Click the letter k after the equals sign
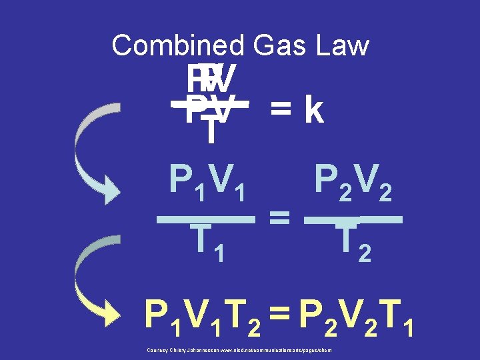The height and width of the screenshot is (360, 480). [x=312, y=111]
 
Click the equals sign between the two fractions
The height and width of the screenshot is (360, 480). [x=279, y=215]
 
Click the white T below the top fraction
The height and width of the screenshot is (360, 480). [x=211, y=130]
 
